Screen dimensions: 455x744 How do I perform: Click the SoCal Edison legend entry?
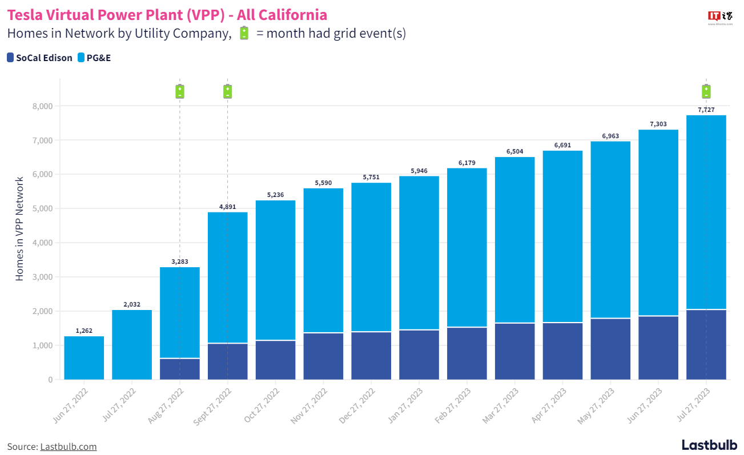(39, 58)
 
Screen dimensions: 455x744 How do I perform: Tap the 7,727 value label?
(706, 110)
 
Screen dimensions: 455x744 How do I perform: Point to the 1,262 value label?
(84, 331)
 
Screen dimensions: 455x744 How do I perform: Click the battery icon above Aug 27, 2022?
(180, 91)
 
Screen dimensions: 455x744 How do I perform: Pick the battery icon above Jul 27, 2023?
(706, 91)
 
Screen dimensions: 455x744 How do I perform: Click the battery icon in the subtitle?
(244, 33)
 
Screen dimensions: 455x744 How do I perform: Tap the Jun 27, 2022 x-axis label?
(71, 405)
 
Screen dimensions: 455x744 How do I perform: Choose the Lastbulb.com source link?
(68, 446)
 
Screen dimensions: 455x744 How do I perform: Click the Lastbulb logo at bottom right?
(709, 445)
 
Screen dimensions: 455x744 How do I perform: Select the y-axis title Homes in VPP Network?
(20, 228)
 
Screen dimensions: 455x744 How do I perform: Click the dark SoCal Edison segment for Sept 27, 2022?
(228, 361)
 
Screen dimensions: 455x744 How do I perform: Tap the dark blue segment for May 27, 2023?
(610, 349)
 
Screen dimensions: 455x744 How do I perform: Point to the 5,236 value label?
(276, 195)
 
